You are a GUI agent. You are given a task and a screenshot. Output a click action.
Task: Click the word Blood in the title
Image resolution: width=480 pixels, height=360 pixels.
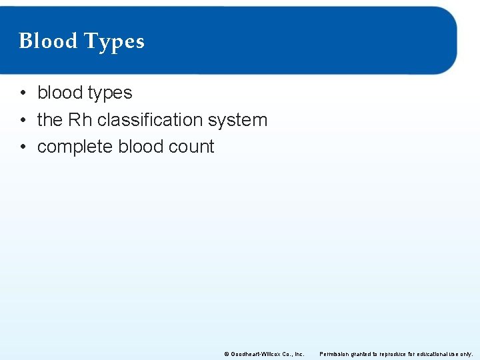(48, 41)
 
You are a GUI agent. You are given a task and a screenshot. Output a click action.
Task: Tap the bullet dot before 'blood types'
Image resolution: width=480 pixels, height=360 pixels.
(23, 93)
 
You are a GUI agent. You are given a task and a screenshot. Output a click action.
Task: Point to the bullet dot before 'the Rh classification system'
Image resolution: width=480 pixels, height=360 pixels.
(23, 120)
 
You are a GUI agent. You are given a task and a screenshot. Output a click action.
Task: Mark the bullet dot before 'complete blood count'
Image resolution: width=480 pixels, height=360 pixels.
(23, 147)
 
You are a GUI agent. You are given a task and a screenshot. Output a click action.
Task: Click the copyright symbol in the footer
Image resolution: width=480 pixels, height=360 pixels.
(226, 354)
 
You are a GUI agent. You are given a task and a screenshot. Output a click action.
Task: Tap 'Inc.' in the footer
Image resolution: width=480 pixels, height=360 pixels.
(298, 354)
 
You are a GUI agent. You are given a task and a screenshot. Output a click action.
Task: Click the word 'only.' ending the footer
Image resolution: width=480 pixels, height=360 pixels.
(467, 354)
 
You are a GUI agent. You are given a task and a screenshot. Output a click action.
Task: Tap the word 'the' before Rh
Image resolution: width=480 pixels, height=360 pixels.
(50, 120)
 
